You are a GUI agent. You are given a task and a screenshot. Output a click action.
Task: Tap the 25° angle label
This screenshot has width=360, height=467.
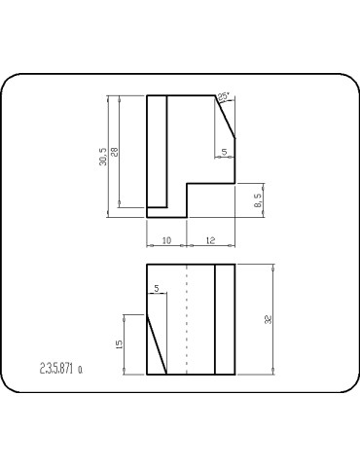pos(224,96)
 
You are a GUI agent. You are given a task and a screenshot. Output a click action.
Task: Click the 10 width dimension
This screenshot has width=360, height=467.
pos(166,239)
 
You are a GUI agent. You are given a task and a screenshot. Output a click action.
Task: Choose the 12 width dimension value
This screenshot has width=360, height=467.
pos(211,239)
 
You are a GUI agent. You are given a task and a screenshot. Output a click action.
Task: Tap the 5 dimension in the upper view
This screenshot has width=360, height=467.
pos(225,151)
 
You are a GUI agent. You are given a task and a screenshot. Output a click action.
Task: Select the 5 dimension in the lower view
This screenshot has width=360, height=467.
pos(156,288)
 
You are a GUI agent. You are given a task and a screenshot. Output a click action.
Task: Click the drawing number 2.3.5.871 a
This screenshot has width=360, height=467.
pos(60,369)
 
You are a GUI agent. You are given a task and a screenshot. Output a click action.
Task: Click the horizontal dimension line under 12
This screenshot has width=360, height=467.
pos(211,244)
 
